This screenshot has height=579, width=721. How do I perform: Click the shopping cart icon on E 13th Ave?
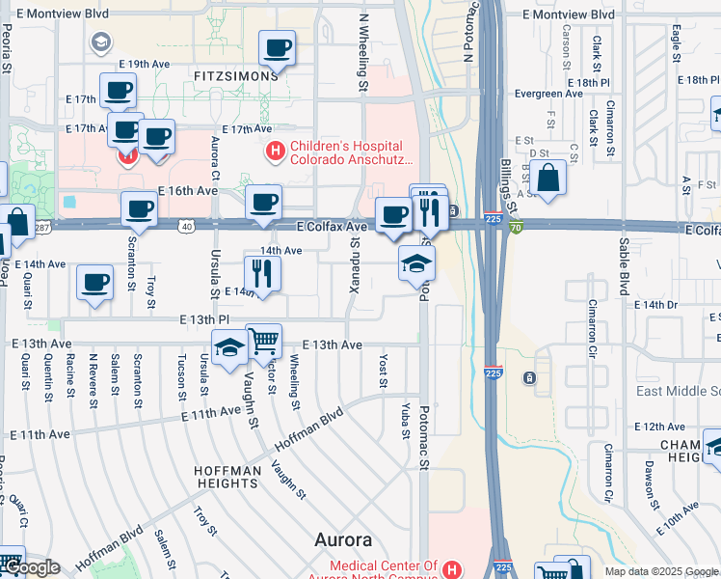pos(263,340)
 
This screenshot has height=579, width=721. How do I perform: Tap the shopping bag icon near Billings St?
pos(547,179)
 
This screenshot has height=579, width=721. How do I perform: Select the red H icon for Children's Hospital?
pos(275,152)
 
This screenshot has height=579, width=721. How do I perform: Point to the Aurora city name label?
pos(343,539)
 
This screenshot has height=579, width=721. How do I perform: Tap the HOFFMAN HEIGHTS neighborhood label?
pos(227,478)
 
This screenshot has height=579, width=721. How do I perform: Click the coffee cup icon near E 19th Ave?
pos(277,46)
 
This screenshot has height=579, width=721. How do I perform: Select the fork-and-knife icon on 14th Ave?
pos(259,272)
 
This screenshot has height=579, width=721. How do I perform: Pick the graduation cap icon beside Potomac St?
pos(416,263)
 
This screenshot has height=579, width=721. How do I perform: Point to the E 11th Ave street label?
pos(212,413)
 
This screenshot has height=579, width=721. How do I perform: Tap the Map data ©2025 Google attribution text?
pos(661,571)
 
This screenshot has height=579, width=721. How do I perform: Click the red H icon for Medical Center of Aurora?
pos(451,569)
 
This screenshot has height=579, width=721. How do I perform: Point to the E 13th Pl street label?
pos(202,318)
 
